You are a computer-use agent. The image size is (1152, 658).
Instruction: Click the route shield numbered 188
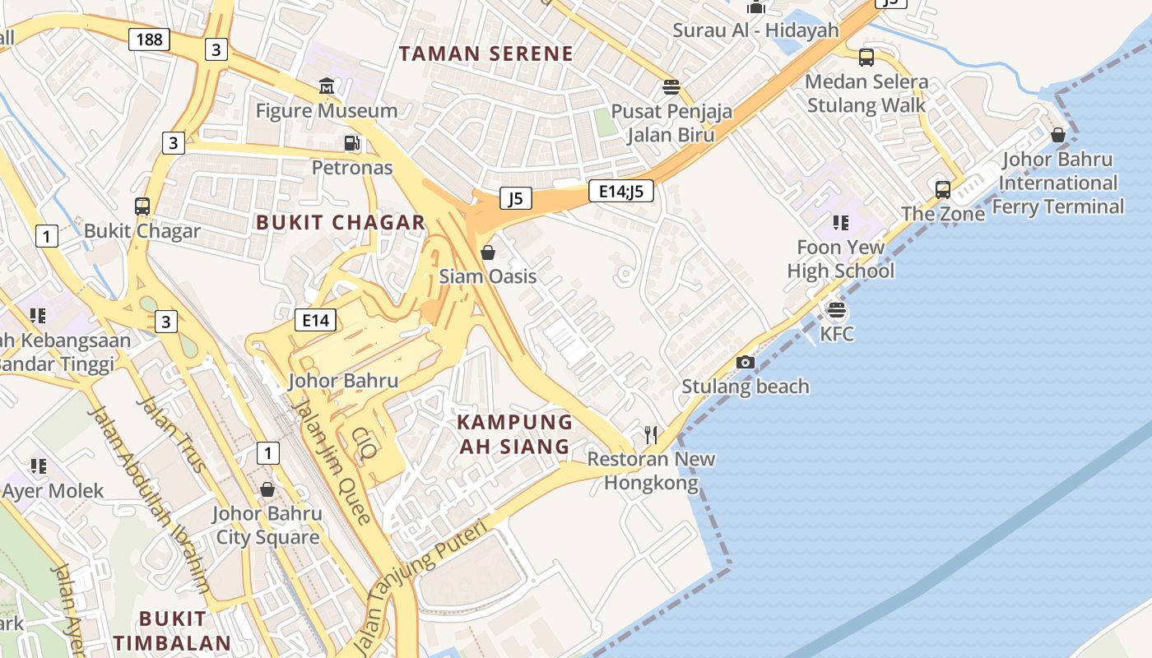pyautogui.click(x=149, y=39)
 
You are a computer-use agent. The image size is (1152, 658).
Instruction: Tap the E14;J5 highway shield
pyautogui.click(x=621, y=192)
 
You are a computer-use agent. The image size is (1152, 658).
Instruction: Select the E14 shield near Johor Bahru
pyautogui.click(x=316, y=320)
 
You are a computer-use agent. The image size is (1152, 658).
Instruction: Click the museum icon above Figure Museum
pyautogui.click(x=327, y=86)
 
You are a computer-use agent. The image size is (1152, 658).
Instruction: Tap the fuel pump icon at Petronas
pyautogui.click(x=352, y=143)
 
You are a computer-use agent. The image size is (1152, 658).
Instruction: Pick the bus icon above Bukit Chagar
pyautogui.click(x=142, y=206)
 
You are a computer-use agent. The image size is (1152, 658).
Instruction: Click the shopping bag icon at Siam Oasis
pyautogui.click(x=488, y=252)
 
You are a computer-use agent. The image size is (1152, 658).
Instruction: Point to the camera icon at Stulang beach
pyautogui.click(x=746, y=362)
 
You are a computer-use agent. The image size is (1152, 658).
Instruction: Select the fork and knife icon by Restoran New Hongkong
pyautogui.click(x=651, y=434)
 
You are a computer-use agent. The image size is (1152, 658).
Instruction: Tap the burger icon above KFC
pyautogui.click(x=837, y=310)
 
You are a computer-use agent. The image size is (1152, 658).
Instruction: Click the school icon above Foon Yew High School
pyautogui.click(x=840, y=222)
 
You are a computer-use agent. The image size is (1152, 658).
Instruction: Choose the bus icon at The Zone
pyautogui.click(x=943, y=190)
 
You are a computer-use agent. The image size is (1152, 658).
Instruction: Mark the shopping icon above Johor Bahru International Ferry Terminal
pyautogui.click(x=1058, y=135)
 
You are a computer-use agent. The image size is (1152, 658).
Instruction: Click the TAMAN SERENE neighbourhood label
pyautogui.click(x=485, y=54)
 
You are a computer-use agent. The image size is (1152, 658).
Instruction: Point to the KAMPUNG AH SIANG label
pyautogui.click(x=514, y=434)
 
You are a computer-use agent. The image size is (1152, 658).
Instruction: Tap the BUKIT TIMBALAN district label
pyautogui.click(x=172, y=630)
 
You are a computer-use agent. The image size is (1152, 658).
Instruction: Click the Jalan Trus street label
pyautogui.click(x=171, y=434)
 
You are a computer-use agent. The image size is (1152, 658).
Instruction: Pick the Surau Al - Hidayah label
pyautogui.click(x=755, y=30)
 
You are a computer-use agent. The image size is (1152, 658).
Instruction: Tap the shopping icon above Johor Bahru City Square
pyautogui.click(x=267, y=489)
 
